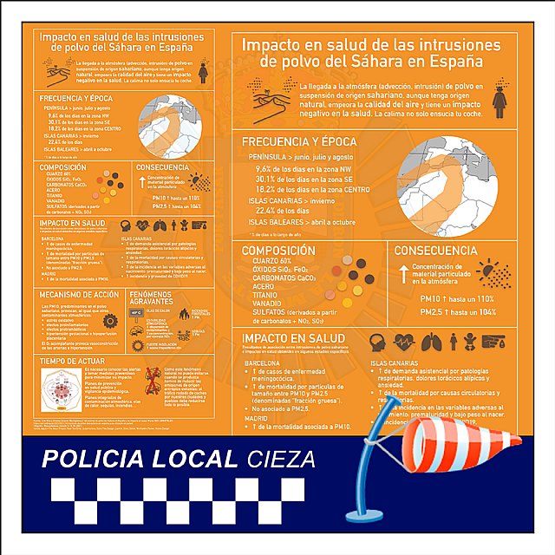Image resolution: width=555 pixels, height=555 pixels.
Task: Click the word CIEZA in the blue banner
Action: click(280, 459)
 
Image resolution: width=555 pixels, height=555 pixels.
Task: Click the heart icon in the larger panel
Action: click(404, 342)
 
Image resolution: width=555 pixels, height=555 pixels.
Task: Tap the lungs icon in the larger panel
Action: click(431, 342)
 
